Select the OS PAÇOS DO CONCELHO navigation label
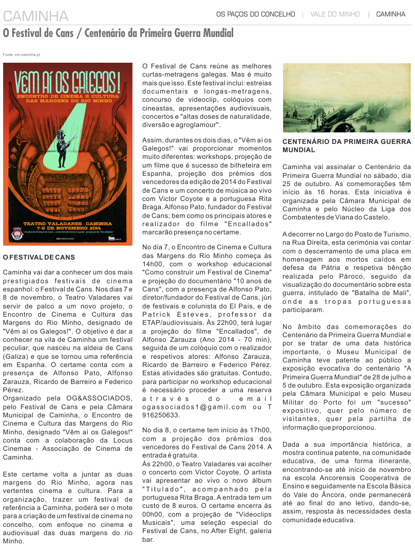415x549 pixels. pyautogui.click(x=255, y=14)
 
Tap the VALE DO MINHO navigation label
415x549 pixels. pyautogui.click(x=335, y=14)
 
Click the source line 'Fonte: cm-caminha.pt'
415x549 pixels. pyautogui.click(x=22, y=54)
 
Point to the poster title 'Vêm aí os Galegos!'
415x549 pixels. pyautogui.click(x=68, y=82)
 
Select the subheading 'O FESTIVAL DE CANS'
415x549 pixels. pyautogui.click(x=39, y=257)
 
